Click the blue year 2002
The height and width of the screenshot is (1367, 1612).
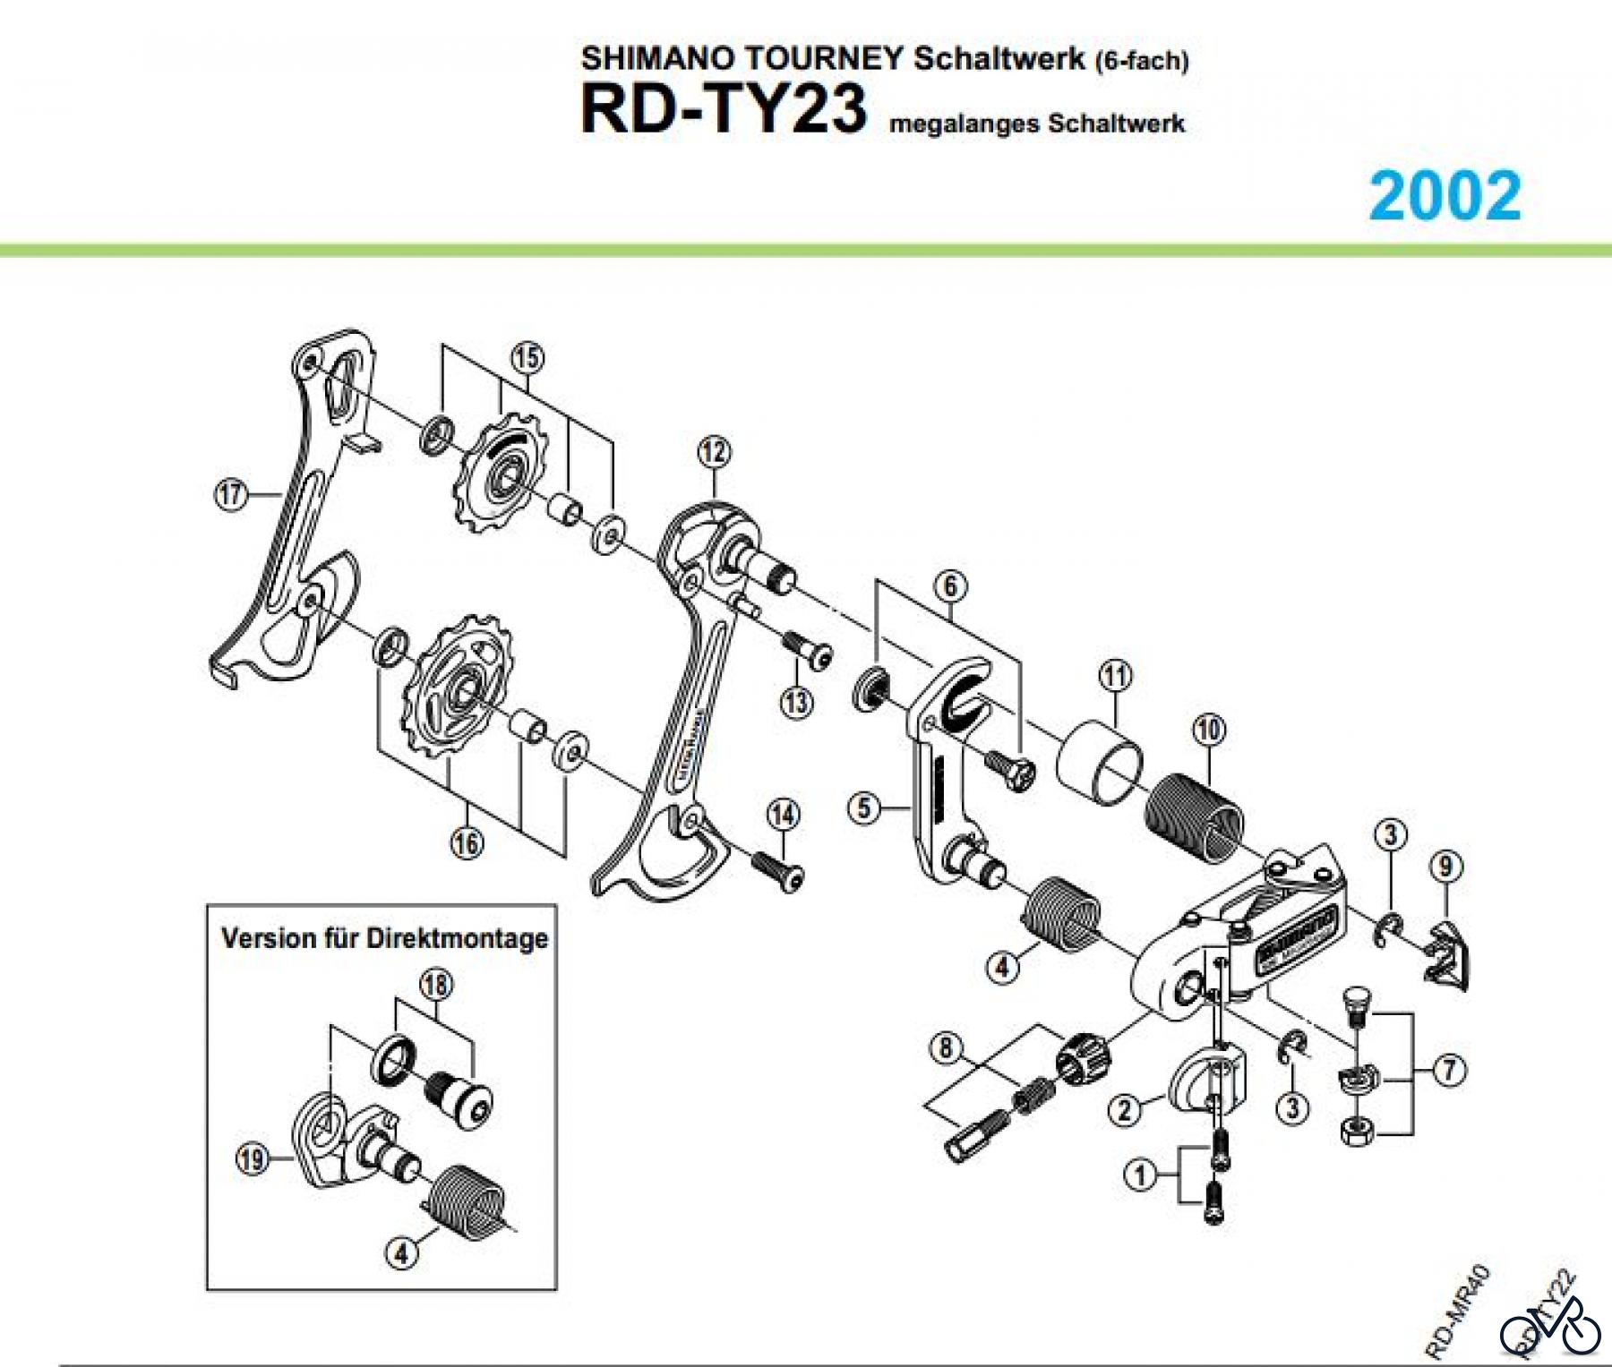[x=1445, y=195]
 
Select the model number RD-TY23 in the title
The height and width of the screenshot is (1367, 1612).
[x=724, y=109]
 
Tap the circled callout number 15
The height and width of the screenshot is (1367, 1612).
[x=527, y=358]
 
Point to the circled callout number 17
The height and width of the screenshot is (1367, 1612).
[x=231, y=493]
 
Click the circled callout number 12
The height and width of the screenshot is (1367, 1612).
[x=714, y=452]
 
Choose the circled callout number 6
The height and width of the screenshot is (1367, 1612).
[x=950, y=586]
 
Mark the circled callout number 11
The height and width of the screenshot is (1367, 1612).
[x=1115, y=675]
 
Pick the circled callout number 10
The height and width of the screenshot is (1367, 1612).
[x=1208, y=730]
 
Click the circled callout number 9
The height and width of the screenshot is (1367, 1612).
[x=1445, y=867]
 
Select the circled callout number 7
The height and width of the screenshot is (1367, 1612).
[x=1449, y=1069]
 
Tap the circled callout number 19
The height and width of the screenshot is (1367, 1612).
[x=252, y=1159]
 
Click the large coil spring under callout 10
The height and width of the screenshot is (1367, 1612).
[x=1195, y=820]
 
